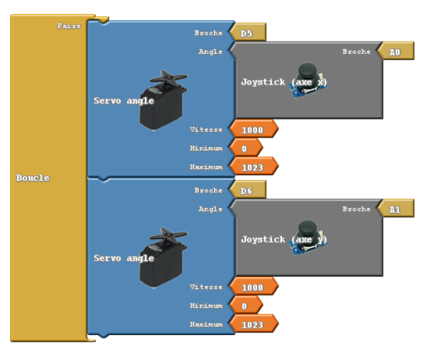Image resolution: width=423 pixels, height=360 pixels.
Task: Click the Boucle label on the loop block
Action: pyautogui.click(x=33, y=178)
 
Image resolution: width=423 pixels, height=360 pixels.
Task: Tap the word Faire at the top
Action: pyautogui.click(x=68, y=26)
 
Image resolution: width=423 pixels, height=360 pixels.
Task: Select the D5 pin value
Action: pyautogui.click(x=247, y=32)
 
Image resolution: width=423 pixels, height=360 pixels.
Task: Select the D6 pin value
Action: pyautogui.click(x=247, y=191)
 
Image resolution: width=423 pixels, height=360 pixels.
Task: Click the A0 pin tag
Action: pyautogui.click(x=395, y=52)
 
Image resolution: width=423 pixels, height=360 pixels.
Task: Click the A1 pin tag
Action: pyautogui.click(x=395, y=210)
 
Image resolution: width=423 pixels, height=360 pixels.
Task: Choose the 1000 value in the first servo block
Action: pyautogui.click(x=252, y=129)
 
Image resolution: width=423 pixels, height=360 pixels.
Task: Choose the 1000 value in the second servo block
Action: pyautogui.click(x=252, y=287)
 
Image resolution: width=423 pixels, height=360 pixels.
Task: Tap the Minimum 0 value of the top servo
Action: pyautogui.click(x=245, y=148)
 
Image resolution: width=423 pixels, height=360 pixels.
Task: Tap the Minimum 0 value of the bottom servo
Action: pyautogui.click(x=245, y=306)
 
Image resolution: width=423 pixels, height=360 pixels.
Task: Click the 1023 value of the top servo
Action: pyautogui.click(x=252, y=167)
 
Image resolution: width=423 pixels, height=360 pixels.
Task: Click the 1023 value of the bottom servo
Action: pyautogui.click(x=252, y=324)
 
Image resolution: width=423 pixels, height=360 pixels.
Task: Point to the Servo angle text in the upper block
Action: pyautogui.click(x=124, y=101)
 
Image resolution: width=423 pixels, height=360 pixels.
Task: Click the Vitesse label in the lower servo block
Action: pyautogui.click(x=205, y=287)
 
